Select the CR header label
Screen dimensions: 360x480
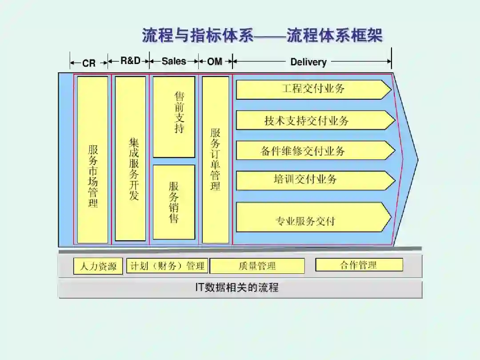(x=89, y=63)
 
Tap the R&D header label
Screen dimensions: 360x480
(x=130, y=61)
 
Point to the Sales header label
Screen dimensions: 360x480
(x=174, y=61)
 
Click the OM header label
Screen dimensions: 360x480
(x=215, y=62)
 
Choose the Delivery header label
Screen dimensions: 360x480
(x=308, y=62)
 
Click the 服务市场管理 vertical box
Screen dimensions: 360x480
(x=93, y=160)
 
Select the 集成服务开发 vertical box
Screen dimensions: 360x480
(x=130, y=159)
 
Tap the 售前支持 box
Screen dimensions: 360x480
(x=174, y=117)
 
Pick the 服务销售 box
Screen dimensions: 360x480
(x=174, y=202)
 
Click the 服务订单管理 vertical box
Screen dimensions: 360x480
(x=216, y=160)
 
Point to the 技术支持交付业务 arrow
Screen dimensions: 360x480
(x=313, y=120)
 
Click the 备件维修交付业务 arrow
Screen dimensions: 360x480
(x=313, y=150)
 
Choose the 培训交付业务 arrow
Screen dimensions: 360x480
(x=313, y=180)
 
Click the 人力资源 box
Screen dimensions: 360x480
(x=98, y=266)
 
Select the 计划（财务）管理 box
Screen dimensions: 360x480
(x=167, y=266)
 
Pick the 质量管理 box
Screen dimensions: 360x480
(x=257, y=266)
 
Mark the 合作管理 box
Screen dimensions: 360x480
(x=359, y=265)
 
